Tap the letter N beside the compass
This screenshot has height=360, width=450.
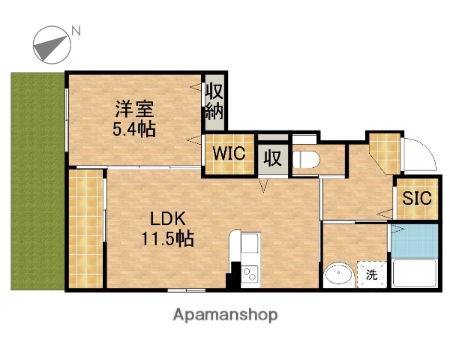click(76, 31)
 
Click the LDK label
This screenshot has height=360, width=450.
click(167, 220)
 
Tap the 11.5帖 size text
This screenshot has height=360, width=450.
click(168, 240)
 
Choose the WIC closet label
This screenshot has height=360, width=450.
click(227, 154)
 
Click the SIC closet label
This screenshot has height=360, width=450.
click(415, 199)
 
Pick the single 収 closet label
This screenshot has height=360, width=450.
click(271, 157)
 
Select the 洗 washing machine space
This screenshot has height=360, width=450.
click(372, 274)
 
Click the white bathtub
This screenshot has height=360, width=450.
click(414, 274)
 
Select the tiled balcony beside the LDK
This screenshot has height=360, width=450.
click(85, 229)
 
